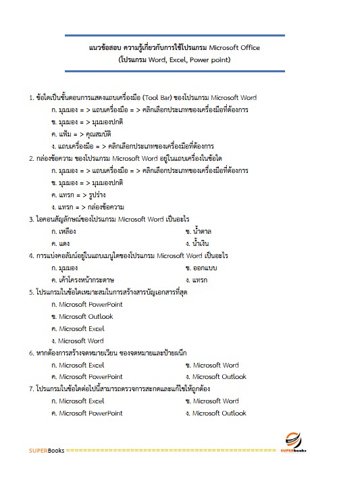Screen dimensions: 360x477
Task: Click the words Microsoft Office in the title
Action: coord(234,48)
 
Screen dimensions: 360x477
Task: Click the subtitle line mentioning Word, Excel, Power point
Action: coord(174,59)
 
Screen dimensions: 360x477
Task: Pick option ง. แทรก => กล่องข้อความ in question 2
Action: coord(92,207)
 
